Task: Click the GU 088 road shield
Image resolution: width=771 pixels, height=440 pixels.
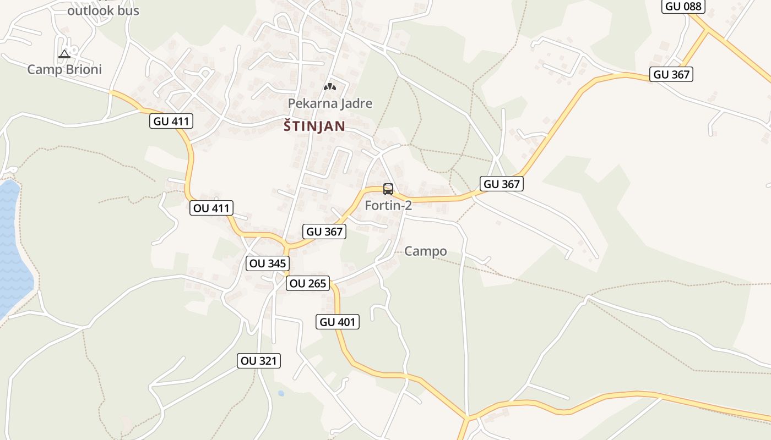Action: (683, 6)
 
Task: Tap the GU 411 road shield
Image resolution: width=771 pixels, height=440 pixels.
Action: (171, 122)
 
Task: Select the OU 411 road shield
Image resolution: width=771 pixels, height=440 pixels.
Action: (211, 208)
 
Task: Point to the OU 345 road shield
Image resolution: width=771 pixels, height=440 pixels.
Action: (267, 263)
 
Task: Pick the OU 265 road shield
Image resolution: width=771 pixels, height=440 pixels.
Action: (307, 284)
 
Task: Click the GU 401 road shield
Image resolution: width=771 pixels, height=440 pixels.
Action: (338, 322)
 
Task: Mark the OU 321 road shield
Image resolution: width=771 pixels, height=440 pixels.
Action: (260, 361)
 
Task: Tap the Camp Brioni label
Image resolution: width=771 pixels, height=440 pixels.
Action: (64, 69)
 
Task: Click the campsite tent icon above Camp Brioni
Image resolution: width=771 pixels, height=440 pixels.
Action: (64, 54)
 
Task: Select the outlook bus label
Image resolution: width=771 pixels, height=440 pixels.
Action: (103, 10)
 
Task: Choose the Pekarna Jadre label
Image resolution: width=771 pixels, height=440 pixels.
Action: (330, 103)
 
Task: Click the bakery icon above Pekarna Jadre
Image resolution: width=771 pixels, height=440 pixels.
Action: (330, 86)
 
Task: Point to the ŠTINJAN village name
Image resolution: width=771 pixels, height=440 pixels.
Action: (314, 127)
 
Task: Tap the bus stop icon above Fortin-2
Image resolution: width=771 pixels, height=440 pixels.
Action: (388, 189)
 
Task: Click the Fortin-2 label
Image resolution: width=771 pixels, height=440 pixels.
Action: (388, 206)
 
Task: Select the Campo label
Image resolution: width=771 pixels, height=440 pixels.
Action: (425, 251)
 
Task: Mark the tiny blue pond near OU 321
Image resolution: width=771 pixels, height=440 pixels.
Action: (281, 393)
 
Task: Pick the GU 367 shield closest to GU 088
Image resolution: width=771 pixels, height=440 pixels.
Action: (671, 74)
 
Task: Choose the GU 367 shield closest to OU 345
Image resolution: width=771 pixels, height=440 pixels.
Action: (324, 232)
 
